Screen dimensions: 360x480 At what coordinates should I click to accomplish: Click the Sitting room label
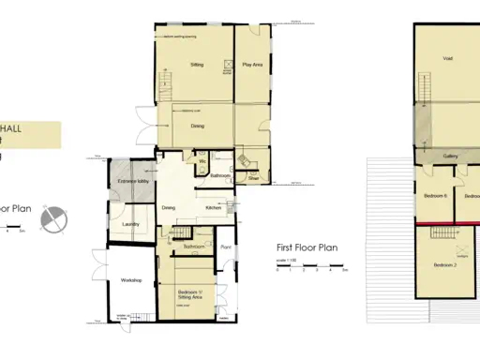click(197, 65)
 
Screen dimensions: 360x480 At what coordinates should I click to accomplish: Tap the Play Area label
click(252, 65)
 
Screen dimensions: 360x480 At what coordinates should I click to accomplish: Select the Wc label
click(202, 160)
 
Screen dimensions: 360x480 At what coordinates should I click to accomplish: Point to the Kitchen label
click(213, 208)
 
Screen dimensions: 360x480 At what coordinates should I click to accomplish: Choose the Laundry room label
click(130, 224)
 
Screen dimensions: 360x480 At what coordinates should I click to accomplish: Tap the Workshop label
click(130, 280)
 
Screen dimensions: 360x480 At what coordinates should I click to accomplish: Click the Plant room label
click(226, 247)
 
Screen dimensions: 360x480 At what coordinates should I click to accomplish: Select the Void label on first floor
click(448, 58)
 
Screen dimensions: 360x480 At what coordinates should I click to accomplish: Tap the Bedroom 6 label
click(433, 196)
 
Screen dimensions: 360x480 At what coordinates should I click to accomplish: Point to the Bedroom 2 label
click(444, 266)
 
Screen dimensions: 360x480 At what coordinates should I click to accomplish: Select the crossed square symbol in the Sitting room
click(228, 65)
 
